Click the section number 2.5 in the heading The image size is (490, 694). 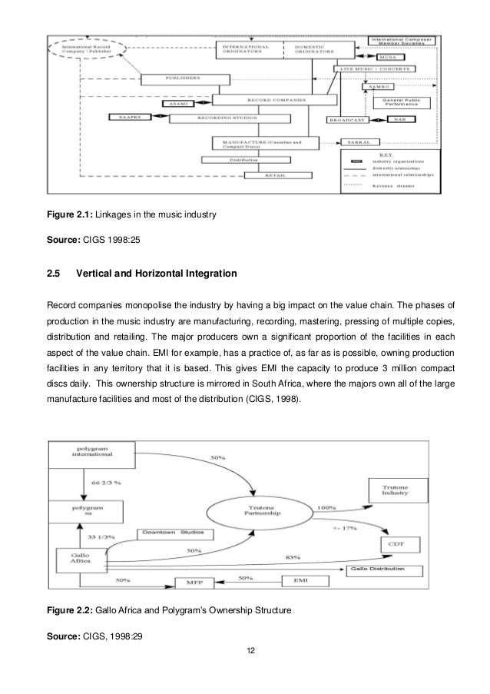(x=55, y=272)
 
